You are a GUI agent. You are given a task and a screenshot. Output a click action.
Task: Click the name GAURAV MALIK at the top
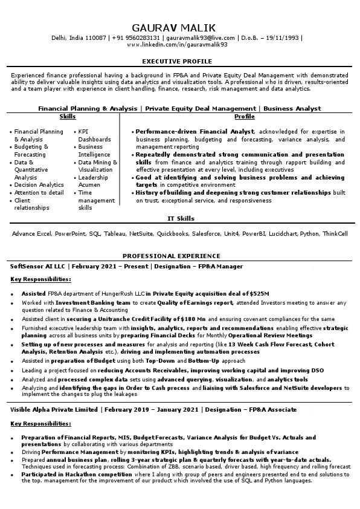tap(180, 28)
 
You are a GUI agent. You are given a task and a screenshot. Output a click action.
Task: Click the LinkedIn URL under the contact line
tap(179, 44)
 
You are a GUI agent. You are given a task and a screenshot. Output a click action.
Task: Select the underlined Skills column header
tap(68, 115)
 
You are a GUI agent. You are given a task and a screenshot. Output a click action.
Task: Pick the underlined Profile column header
tap(244, 115)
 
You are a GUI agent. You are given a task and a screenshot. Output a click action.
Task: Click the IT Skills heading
tap(180, 218)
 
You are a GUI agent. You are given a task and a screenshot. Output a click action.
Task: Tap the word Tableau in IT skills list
tap(114, 233)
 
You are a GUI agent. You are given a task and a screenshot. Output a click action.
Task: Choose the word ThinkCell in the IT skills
tap(335, 233)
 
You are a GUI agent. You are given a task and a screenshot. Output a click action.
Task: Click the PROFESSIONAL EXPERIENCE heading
tap(180, 256)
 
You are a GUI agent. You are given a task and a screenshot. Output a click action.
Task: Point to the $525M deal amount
tap(257, 293)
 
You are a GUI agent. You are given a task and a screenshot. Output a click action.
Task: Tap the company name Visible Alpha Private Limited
tap(55, 409)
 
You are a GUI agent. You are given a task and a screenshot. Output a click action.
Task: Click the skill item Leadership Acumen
tap(93, 182)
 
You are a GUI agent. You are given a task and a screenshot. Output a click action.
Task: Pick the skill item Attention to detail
tap(39, 193)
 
